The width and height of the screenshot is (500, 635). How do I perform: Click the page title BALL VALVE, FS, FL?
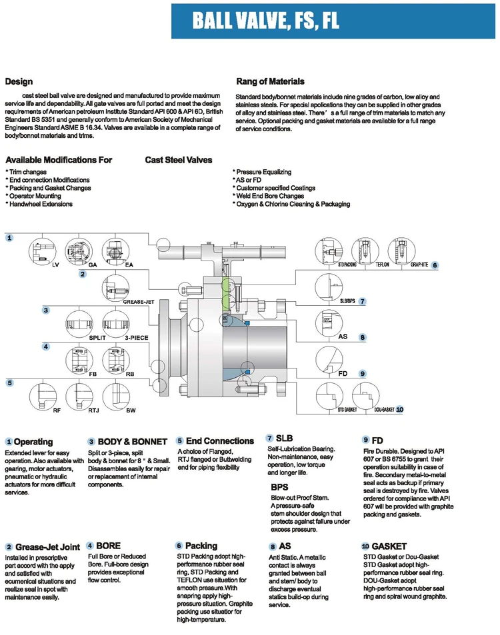266,21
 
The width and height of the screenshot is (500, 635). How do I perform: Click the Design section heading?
19,82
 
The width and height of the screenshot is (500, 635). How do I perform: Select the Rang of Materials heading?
270,81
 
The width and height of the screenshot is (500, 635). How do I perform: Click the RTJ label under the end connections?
93,410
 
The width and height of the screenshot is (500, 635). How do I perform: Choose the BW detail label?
131,410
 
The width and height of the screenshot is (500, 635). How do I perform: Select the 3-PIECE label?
136,338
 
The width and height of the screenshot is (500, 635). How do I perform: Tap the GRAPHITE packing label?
419,265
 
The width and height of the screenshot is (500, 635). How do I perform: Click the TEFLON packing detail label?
382,265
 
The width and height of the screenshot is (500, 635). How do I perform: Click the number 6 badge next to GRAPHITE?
435,265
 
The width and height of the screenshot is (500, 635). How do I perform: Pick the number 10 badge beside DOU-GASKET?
399,409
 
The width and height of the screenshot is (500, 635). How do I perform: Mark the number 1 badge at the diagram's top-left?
9,238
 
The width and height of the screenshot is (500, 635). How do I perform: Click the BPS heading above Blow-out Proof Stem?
279,487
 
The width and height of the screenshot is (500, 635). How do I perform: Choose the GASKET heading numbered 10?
389,546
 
